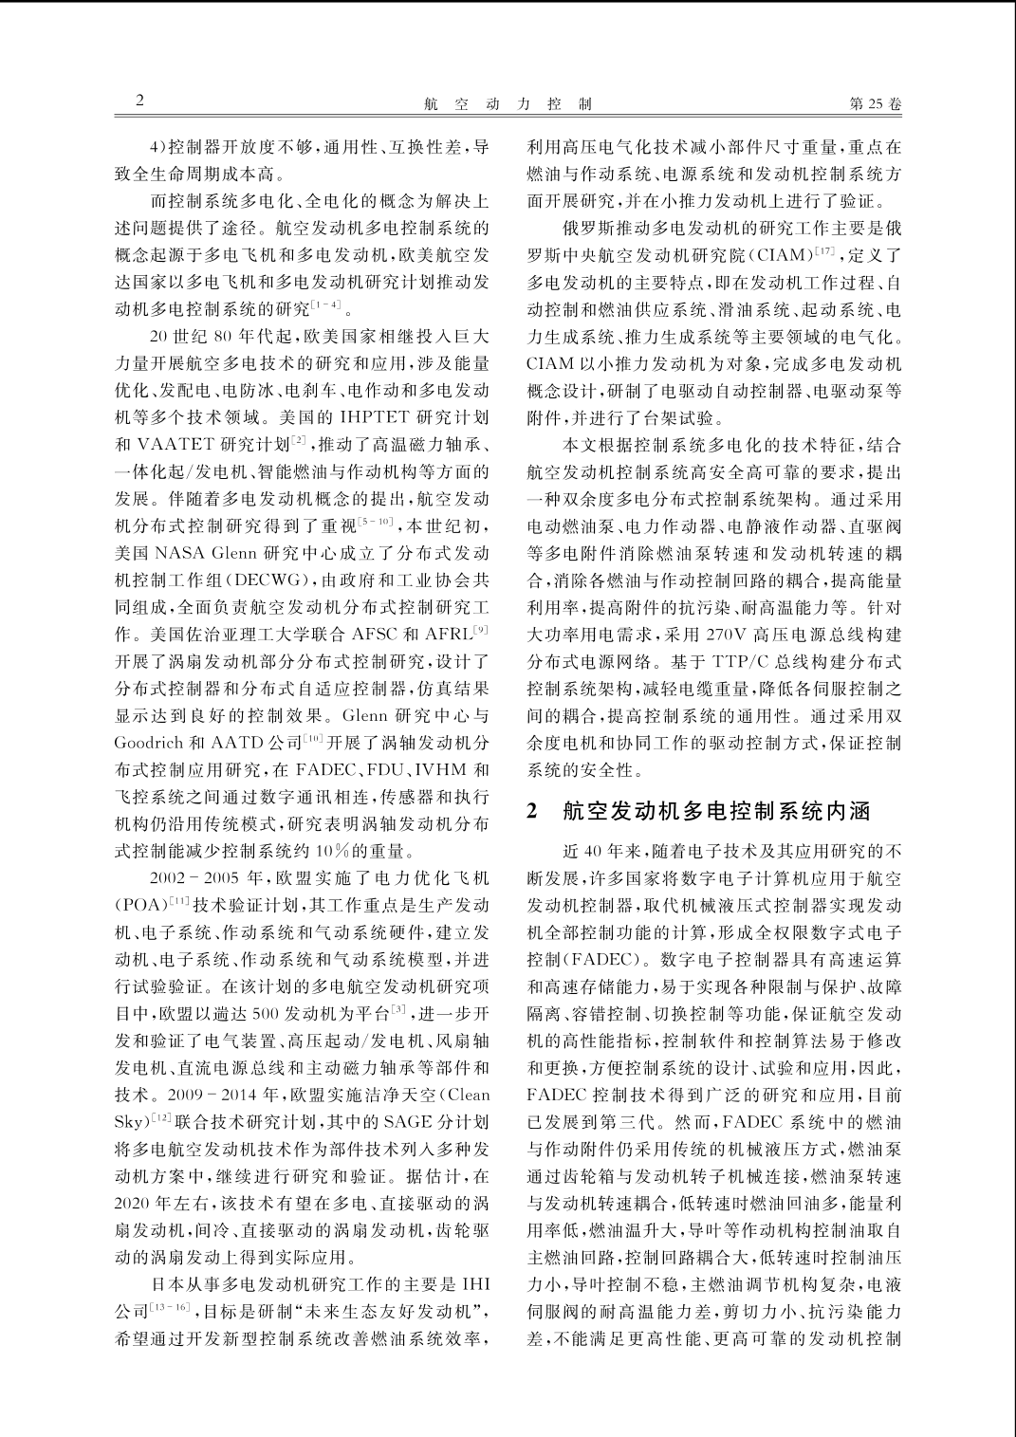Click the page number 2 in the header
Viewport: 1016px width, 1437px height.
click(140, 101)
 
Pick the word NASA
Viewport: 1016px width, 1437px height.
click(180, 553)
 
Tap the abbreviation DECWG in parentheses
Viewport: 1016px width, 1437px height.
click(244, 580)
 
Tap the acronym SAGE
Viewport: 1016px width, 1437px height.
click(407, 1122)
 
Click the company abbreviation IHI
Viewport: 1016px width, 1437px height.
click(474, 1285)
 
